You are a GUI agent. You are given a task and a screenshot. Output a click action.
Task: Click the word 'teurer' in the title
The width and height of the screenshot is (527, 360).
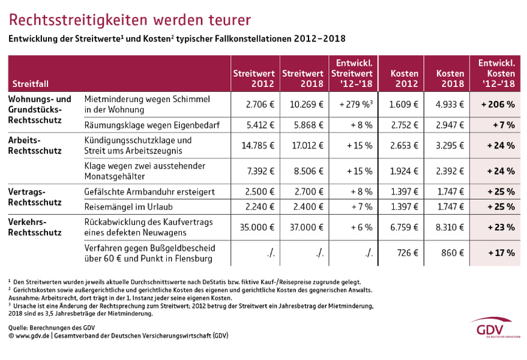click(x=229, y=20)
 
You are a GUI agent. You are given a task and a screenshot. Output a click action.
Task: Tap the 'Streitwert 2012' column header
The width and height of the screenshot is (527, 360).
click(x=254, y=79)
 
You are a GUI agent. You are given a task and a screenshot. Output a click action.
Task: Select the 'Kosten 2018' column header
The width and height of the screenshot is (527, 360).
click(x=450, y=79)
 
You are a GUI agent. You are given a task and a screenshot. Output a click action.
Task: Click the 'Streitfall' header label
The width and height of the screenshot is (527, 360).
click(x=30, y=83)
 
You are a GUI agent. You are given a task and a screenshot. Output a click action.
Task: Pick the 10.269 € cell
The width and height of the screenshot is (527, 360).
click(x=306, y=104)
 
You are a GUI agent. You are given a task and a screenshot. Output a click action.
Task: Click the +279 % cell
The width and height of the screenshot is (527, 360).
click(x=355, y=104)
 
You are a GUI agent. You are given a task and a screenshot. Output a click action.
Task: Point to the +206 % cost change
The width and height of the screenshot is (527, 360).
click(x=498, y=104)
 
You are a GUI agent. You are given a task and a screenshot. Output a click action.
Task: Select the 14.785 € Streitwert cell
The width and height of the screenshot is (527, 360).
click(x=257, y=145)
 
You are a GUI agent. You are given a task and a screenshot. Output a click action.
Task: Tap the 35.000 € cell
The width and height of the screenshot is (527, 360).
click(x=257, y=227)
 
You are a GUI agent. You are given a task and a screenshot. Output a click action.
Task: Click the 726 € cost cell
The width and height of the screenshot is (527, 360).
click(x=408, y=253)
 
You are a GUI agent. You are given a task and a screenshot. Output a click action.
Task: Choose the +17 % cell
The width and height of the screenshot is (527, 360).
click(x=501, y=253)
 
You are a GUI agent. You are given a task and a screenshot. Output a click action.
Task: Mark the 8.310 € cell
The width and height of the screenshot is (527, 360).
click(x=450, y=227)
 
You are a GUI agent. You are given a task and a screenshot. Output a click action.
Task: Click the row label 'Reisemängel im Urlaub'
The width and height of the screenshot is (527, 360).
click(x=128, y=207)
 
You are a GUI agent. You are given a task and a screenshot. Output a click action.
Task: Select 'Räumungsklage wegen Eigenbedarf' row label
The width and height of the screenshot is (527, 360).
click(x=152, y=125)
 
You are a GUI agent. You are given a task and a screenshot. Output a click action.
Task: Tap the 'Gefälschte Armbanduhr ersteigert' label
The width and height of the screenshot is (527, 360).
click(x=149, y=192)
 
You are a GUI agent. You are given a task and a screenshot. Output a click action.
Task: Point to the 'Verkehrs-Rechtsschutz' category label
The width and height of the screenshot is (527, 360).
click(x=35, y=227)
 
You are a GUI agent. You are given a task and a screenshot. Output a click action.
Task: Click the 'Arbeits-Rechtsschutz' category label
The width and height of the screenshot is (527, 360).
click(x=35, y=145)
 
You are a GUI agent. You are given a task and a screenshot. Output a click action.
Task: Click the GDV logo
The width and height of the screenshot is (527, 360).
click(x=494, y=328)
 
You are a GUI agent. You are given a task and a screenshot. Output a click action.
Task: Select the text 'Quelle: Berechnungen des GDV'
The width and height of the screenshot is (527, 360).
click(x=52, y=328)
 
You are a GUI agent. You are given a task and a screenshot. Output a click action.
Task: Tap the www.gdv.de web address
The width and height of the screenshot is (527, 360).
click(x=32, y=335)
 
